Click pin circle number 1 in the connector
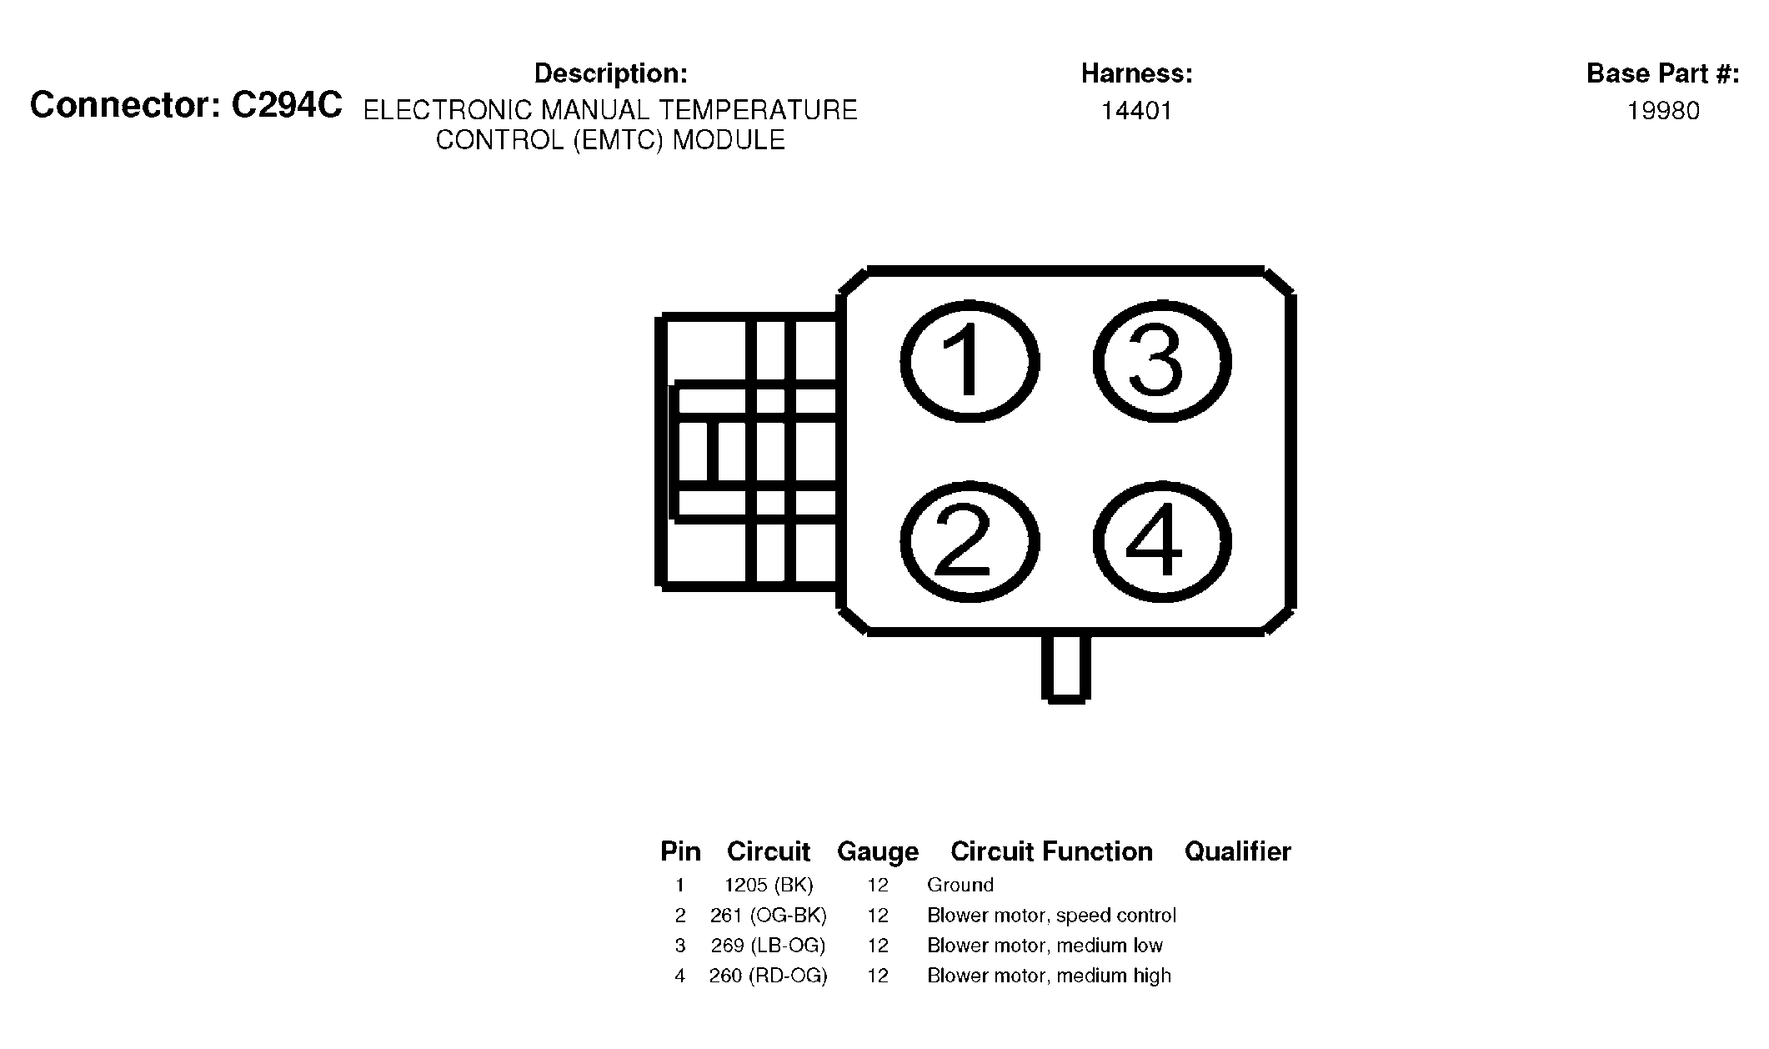(x=969, y=362)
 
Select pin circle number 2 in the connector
(x=969, y=542)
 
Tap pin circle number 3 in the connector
(x=1161, y=362)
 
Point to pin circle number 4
(x=1161, y=542)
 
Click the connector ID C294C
(x=286, y=106)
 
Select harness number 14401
(x=1136, y=111)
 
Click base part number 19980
(x=1663, y=111)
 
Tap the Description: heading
(x=610, y=73)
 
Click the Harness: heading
(x=1136, y=73)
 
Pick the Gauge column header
(x=877, y=851)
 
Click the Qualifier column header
(x=1237, y=851)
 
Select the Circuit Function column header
(x=1051, y=851)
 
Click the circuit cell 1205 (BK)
(x=768, y=885)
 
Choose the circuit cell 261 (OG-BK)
(x=768, y=916)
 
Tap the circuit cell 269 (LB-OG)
(x=768, y=946)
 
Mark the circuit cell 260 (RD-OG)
(x=768, y=976)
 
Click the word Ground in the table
(x=960, y=885)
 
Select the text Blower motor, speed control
(x=1051, y=916)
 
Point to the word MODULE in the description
(x=729, y=140)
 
